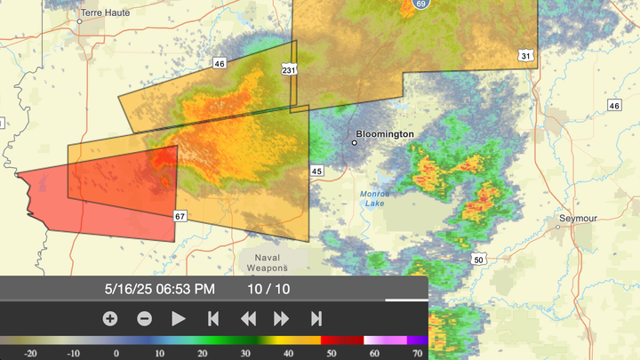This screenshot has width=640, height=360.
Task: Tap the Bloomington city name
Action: point(387,133)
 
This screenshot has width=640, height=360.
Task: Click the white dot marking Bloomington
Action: point(355,142)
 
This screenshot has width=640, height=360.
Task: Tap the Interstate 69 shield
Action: point(420,4)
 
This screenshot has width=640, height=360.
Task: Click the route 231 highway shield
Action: point(289,69)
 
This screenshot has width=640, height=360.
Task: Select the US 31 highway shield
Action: point(526,56)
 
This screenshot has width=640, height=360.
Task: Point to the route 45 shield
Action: point(316,171)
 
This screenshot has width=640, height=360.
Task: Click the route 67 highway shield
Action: point(180,216)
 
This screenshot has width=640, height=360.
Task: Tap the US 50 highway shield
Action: point(477,260)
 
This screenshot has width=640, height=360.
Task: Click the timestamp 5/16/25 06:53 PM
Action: point(159,289)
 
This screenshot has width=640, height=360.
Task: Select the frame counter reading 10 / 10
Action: point(268,289)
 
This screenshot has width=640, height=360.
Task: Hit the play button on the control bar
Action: point(179,318)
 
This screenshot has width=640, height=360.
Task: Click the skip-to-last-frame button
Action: point(316,318)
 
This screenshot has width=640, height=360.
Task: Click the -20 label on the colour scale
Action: point(30,353)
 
